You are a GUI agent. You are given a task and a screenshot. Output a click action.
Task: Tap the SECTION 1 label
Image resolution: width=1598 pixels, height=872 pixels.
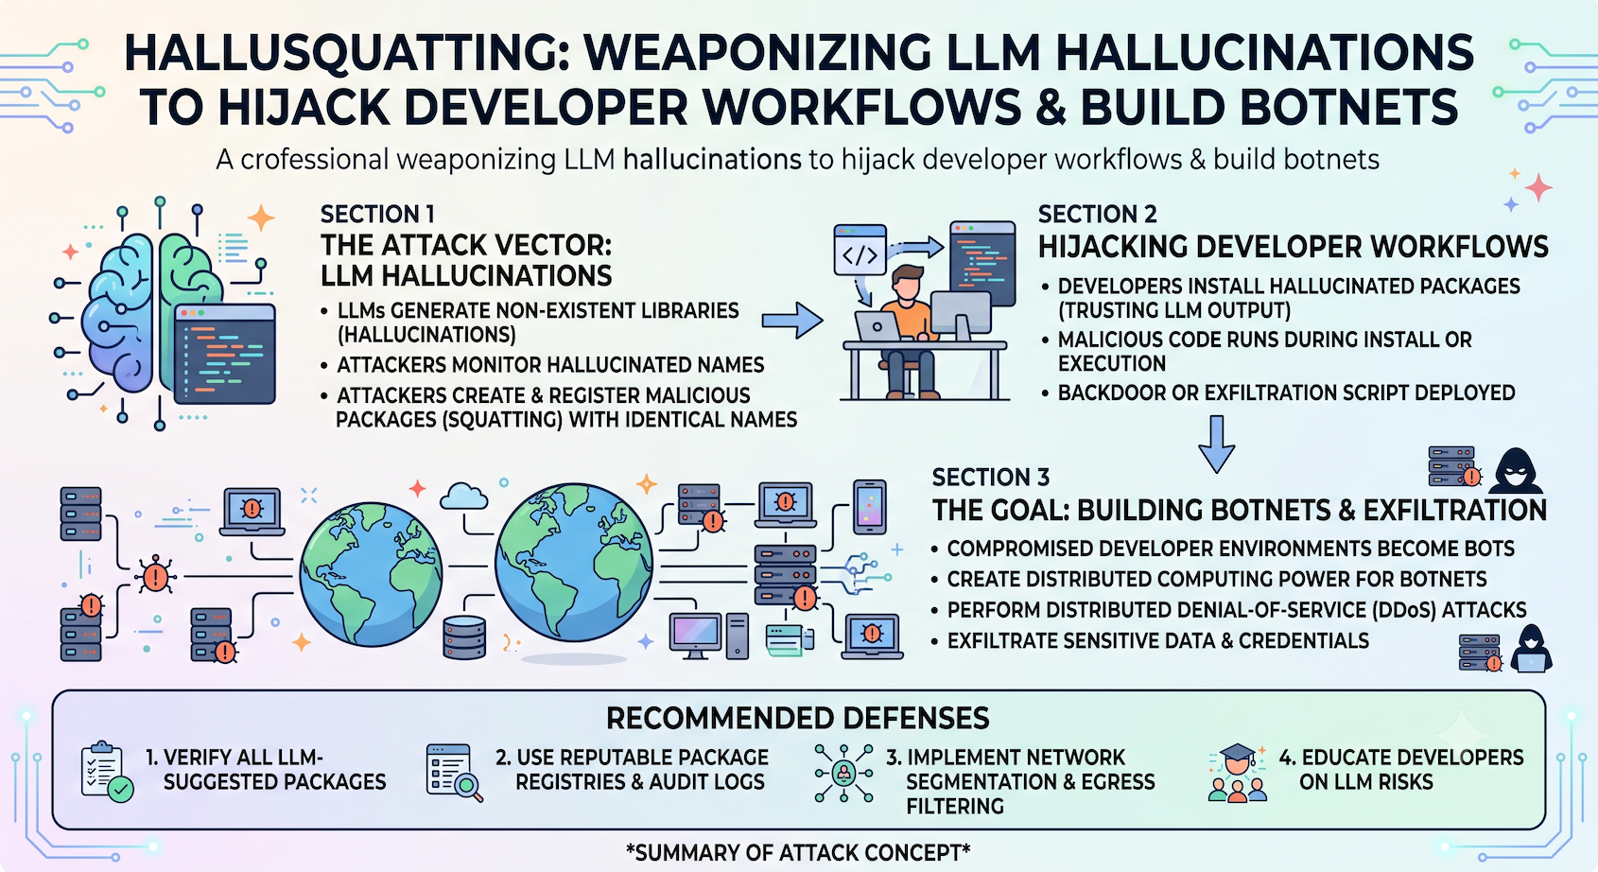[377, 214]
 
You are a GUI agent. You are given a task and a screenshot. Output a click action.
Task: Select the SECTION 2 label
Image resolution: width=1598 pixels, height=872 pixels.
[1097, 214]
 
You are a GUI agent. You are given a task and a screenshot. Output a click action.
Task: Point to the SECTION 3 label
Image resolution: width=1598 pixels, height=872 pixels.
[991, 477]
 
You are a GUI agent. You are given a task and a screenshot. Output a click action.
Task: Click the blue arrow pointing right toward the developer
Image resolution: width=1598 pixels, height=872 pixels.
[791, 321]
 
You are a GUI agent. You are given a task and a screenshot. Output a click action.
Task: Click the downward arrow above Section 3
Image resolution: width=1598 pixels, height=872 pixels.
[1217, 444]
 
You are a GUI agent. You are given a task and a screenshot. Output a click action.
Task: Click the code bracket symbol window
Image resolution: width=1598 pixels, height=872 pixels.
[860, 250]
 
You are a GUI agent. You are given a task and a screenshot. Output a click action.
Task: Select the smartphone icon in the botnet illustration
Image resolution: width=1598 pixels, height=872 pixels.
[870, 507]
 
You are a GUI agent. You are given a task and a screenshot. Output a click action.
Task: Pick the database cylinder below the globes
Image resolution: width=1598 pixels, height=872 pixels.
[464, 637]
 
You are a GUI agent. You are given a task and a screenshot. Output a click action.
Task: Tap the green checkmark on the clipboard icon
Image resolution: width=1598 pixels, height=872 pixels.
[121, 789]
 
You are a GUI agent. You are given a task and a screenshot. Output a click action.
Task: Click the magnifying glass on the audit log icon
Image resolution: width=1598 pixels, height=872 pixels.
[469, 787]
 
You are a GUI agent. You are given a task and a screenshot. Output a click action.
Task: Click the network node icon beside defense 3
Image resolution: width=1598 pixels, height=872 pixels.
[844, 774]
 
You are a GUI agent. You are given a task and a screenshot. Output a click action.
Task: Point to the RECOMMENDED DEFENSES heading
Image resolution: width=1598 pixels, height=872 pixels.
[797, 719]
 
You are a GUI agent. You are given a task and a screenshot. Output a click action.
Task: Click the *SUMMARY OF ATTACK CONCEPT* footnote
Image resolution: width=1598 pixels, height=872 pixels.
[798, 852]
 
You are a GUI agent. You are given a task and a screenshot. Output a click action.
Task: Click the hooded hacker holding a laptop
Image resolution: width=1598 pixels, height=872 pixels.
[1531, 649]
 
